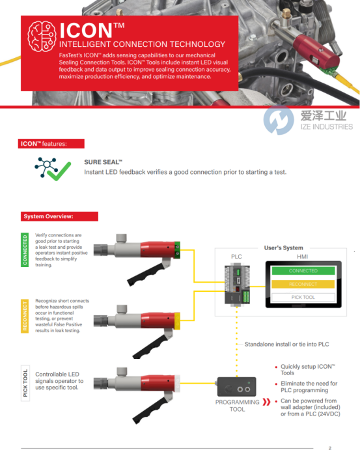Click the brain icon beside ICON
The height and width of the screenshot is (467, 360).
tap(42, 36)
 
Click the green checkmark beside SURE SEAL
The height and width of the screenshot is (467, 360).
tap(59, 171)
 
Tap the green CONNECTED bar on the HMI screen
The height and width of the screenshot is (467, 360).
tap(303, 271)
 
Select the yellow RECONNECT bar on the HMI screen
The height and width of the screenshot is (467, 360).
tap(303, 284)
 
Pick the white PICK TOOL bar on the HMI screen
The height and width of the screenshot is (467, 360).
tap(303, 297)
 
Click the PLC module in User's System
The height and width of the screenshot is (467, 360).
tap(237, 285)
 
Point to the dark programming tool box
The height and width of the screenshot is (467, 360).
tap(236, 387)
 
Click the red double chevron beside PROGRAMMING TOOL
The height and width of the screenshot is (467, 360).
tap(266, 402)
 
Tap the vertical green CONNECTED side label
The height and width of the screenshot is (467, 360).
tap(25, 250)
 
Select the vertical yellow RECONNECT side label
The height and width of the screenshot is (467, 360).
tap(25, 316)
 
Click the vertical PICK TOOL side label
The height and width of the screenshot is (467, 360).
tap(25, 383)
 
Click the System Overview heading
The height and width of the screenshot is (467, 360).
tap(59, 216)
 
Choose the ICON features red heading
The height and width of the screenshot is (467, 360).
tap(51, 143)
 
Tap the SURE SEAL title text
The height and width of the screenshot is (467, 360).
tap(103, 162)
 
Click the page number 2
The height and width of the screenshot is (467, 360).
tap(330, 448)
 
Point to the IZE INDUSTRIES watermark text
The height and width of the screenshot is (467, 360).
tap(327, 126)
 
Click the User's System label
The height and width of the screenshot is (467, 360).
tap(283, 248)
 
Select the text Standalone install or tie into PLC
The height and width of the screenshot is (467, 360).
tap(286, 345)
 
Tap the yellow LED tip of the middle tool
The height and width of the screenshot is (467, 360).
tap(177, 320)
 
